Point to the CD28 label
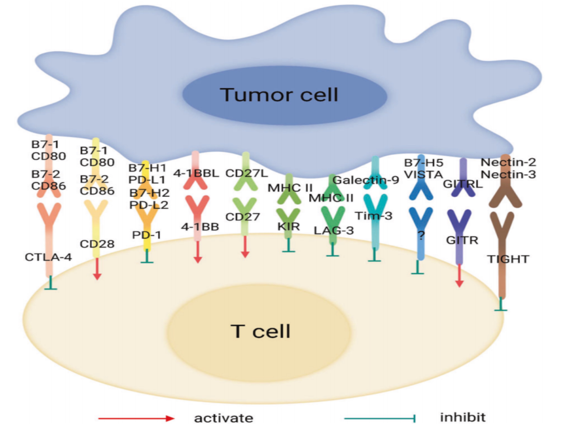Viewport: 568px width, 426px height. click(97, 244)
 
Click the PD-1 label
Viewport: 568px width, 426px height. click(146, 235)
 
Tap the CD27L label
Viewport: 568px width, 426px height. click(247, 173)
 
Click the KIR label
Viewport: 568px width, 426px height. click(289, 226)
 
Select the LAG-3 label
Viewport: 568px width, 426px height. click(334, 230)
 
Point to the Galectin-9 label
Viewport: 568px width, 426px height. click(366, 180)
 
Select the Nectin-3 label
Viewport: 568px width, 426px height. click(508, 175)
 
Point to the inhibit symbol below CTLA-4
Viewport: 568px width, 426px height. click(51, 283)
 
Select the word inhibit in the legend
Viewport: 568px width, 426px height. click(463, 417)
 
